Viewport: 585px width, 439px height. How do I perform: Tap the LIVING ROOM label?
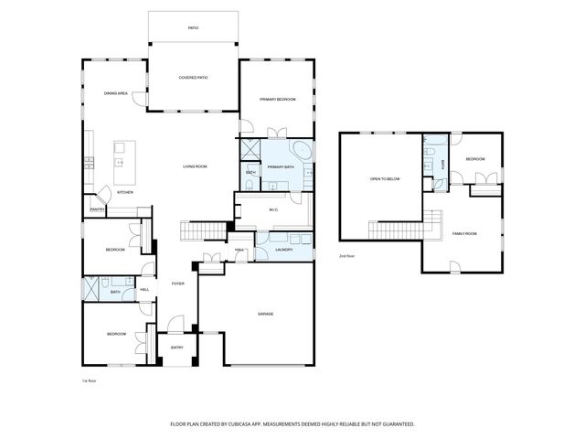[x=195, y=166]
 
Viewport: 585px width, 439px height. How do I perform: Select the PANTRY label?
[x=97, y=209]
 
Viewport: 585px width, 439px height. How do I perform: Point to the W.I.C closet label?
[x=273, y=209]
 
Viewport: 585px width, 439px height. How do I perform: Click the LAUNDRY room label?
[x=283, y=248]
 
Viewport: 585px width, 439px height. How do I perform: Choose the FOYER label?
[x=177, y=284]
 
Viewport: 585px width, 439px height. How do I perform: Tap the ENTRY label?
[x=176, y=348]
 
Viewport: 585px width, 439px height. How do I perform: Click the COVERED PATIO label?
[x=193, y=78]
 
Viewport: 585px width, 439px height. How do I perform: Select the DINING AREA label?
[x=115, y=92]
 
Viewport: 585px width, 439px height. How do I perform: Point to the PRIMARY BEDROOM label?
[x=277, y=99]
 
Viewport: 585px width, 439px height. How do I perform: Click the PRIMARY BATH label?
[x=280, y=167]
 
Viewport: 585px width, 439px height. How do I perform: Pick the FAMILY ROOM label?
[x=464, y=234]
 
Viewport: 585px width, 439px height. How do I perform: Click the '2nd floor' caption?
[x=347, y=257]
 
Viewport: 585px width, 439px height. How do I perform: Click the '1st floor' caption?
[x=90, y=380]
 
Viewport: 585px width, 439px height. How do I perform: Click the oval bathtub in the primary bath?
[x=301, y=151]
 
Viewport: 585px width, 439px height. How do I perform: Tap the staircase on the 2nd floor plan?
[x=396, y=230]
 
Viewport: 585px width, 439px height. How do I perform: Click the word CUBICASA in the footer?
[x=250, y=424]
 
